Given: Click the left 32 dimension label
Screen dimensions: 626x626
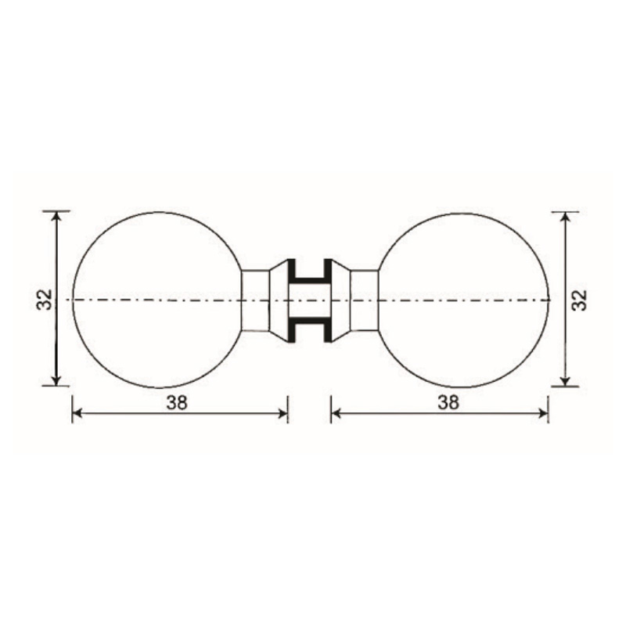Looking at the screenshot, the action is click(x=45, y=299).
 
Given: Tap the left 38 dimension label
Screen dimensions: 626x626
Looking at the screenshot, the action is click(x=177, y=403).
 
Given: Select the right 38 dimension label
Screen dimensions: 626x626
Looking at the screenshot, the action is click(x=448, y=402).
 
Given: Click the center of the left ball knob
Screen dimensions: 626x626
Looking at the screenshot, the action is click(x=159, y=300).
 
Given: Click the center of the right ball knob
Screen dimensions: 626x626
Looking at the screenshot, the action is click(x=463, y=300).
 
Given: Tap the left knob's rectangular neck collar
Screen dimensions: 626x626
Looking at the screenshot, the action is click(x=256, y=300).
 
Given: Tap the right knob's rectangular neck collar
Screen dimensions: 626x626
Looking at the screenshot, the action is click(x=364, y=300).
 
